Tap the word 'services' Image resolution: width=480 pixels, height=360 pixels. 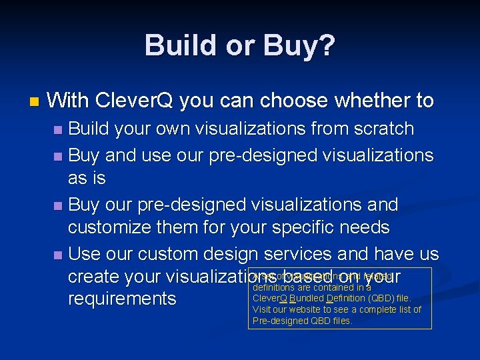click(x=304, y=254)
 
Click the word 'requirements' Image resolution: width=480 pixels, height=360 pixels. click(x=122, y=299)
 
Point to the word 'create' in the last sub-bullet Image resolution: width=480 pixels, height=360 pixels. click(x=93, y=277)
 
